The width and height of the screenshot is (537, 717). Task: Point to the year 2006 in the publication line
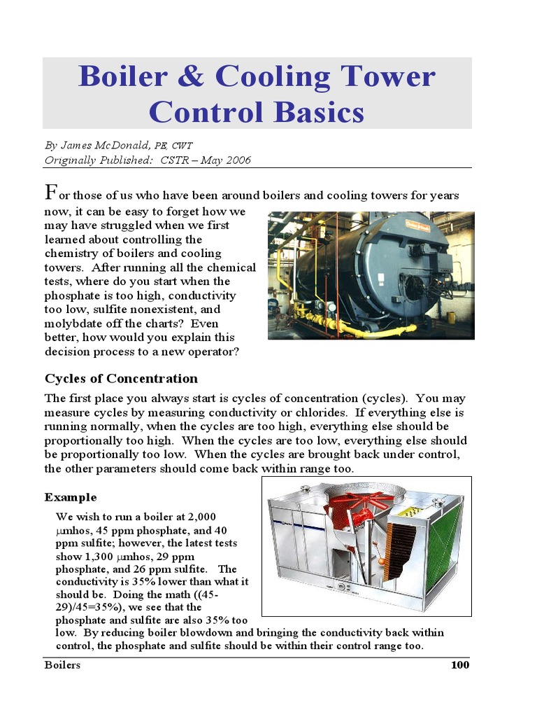[x=238, y=160]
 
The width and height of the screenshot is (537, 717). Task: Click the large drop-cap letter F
[x=50, y=192]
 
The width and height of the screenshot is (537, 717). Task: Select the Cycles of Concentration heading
[x=121, y=379]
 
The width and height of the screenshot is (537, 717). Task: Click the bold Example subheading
[x=71, y=497]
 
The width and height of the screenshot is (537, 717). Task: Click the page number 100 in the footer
[x=459, y=665]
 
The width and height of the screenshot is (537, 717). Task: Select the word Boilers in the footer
[x=62, y=665]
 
